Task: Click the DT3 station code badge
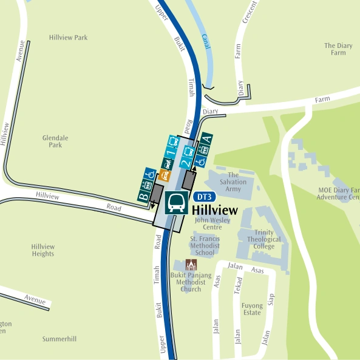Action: point(205,197)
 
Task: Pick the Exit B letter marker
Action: point(143,196)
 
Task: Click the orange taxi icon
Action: point(165,176)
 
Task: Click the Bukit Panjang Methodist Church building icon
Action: point(191,265)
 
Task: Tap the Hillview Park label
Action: point(68,38)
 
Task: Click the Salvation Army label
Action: point(234,182)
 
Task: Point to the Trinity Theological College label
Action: point(264,239)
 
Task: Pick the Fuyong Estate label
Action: point(252,309)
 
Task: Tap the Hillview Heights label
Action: point(43,250)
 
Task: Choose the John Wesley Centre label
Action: point(212,223)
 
